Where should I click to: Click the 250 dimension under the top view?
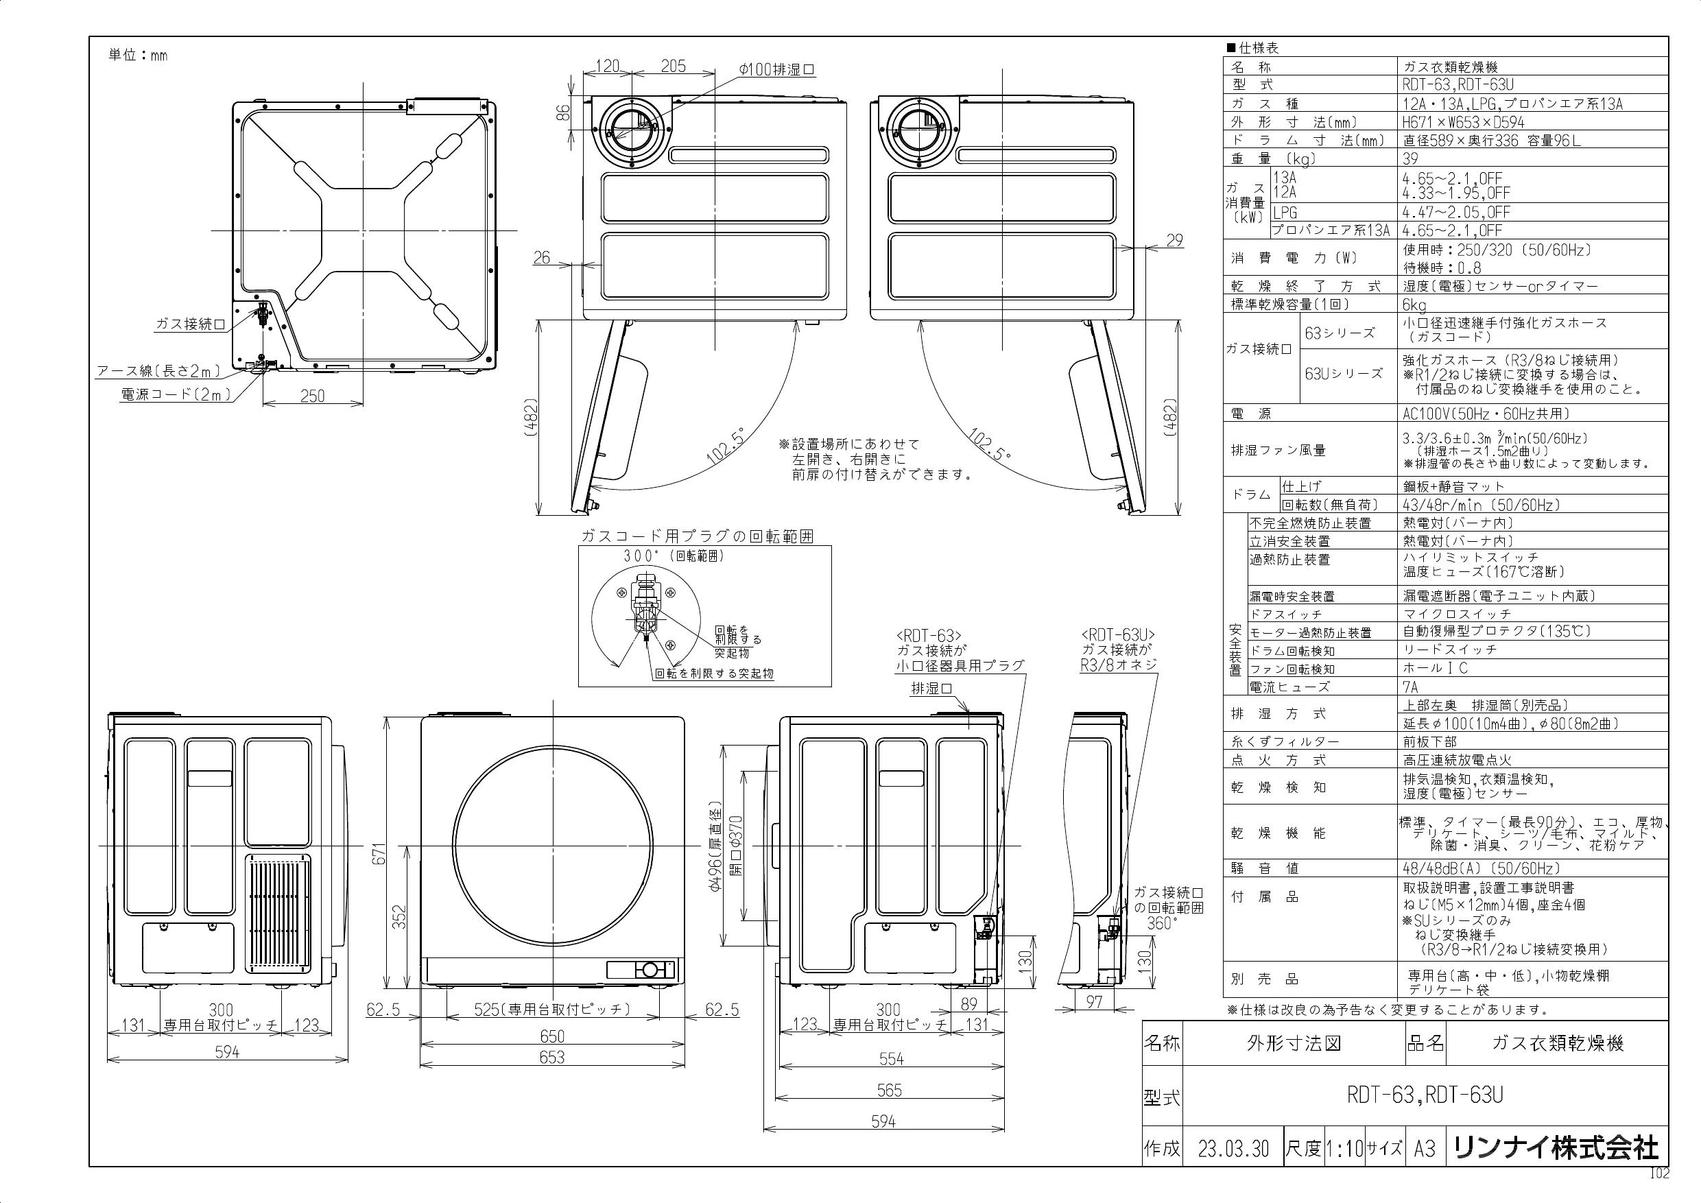coord(313,396)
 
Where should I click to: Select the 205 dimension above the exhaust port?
coord(673,67)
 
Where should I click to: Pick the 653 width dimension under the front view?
coord(552,1058)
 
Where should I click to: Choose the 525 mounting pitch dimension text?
coord(552,1010)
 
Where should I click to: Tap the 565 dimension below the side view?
coord(889,1091)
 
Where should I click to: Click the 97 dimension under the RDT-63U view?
coord(1094,1002)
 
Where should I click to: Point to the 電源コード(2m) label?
coord(176,395)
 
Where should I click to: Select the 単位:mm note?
coord(138,56)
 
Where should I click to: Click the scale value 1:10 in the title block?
coord(1344,1149)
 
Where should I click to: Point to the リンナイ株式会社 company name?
coord(1556,1148)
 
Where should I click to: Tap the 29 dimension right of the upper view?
coord(1174,240)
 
